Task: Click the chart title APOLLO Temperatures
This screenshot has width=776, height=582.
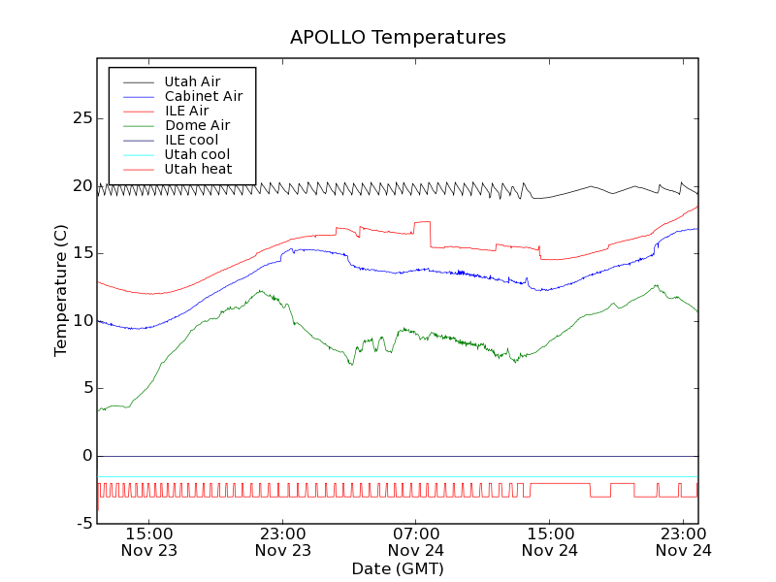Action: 398,38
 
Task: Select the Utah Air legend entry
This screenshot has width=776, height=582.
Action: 192,81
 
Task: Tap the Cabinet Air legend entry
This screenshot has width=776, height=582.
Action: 203,96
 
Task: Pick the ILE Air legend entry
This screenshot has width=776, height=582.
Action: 186,111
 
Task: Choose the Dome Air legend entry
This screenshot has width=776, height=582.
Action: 197,125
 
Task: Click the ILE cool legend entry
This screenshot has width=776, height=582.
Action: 191,140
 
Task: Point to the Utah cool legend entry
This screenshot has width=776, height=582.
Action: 197,154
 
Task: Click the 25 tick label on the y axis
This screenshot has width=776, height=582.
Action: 82,118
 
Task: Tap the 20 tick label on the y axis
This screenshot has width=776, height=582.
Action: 82,185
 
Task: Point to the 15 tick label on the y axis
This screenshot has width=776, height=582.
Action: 82,253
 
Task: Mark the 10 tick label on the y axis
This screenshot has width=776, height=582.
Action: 82,321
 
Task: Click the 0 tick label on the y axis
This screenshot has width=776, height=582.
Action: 87,456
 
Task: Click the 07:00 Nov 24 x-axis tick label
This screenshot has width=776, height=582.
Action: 416,541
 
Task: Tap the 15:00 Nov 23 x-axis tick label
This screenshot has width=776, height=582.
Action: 149,541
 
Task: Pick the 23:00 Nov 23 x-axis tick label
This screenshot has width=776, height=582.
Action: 283,541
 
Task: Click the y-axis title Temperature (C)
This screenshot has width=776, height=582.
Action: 61,290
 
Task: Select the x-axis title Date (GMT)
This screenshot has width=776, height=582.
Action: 398,568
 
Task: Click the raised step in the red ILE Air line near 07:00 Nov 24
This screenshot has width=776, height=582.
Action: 422,222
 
